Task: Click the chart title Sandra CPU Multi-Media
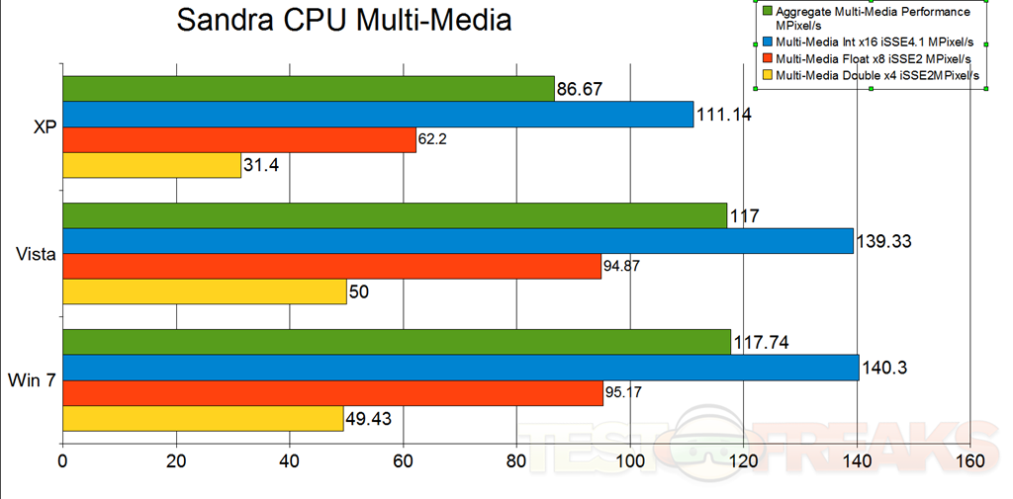point(344,20)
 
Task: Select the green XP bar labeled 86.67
point(308,89)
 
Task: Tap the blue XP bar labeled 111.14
point(378,115)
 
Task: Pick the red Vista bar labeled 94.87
point(331,267)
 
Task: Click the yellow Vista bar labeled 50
point(205,291)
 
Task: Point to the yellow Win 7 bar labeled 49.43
point(203,419)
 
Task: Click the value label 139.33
point(885,240)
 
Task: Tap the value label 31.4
point(262,165)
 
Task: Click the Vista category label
point(36,254)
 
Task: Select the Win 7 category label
point(32,380)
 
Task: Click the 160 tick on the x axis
point(970,461)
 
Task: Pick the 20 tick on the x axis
point(177,461)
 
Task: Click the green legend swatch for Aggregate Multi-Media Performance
point(768,12)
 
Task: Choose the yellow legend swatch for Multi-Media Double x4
point(768,75)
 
